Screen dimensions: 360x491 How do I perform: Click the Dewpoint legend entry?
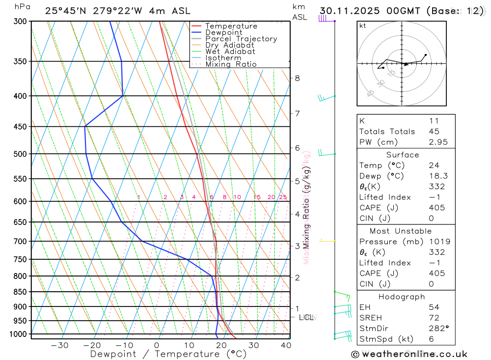224,32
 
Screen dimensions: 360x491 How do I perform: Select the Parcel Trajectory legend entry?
241,39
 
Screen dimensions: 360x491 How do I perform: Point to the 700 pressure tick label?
21,242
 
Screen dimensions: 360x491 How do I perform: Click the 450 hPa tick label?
21,127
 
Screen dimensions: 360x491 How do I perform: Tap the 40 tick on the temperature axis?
286,345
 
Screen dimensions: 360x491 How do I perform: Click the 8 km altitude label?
297,78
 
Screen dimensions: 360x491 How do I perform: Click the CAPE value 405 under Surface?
436,208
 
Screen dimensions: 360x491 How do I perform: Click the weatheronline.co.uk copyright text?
409,354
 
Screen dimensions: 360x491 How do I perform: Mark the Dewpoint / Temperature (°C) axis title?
168,354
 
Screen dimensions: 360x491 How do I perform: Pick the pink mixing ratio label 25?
283,197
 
